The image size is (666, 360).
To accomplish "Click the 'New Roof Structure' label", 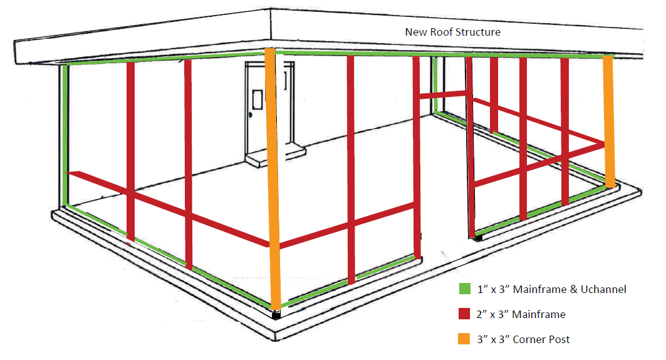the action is pyautogui.click(x=453, y=33).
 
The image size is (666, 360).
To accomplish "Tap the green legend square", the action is pyautogui.click(x=465, y=289).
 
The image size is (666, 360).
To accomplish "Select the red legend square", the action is pyautogui.click(x=464, y=314).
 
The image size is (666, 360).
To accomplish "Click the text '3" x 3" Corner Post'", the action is pyautogui.click(x=523, y=339).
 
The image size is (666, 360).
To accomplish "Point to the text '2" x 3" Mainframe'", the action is pyautogui.click(x=521, y=314).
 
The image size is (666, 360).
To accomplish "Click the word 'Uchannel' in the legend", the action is pyautogui.click(x=603, y=289).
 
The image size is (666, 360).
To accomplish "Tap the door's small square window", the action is pyautogui.click(x=257, y=100).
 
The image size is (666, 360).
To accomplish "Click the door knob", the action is pyautogui.click(x=251, y=115).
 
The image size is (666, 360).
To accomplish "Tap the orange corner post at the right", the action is pyautogui.click(x=608, y=121).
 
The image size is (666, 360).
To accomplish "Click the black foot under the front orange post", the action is pyautogui.click(x=276, y=314).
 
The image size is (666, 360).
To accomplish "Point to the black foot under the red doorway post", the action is pyautogui.click(x=478, y=238).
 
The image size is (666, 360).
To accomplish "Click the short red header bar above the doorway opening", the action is pyautogui.click(x=442, y=95).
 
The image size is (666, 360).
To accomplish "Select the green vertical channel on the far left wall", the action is pyautogui.click(x=65, y=136).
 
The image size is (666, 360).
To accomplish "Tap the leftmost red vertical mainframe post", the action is pyautogui.click(x=130, y=152).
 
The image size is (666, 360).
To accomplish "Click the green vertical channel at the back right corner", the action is pyautogui.click(x=435, y=85).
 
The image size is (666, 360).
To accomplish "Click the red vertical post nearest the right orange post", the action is pyautogui.click(x=565, y=131).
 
